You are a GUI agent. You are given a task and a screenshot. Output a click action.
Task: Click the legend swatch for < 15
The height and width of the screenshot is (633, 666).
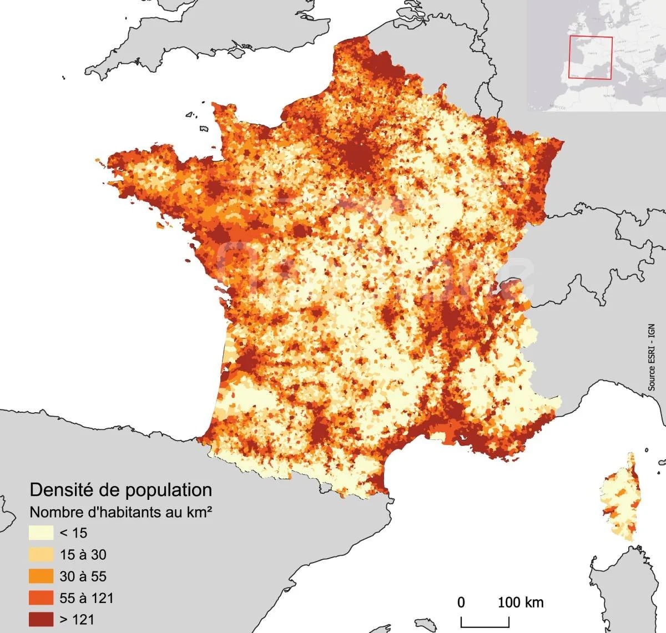41,533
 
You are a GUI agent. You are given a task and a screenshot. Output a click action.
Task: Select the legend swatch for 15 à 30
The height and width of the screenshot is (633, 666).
41,555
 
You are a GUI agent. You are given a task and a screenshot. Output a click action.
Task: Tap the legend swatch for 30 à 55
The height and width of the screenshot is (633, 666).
41,576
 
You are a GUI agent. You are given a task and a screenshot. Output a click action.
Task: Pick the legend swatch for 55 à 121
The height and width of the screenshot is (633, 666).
41,598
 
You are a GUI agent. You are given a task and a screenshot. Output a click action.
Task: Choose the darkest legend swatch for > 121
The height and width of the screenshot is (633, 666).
41,619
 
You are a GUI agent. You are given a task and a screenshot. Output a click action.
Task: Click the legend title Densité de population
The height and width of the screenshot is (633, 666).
120,490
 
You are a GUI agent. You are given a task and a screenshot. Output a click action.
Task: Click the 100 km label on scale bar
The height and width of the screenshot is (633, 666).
520,602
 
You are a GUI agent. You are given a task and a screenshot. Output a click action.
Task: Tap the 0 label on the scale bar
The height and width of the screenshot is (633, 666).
461,602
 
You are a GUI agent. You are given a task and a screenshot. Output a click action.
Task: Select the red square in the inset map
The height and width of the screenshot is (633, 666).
591,58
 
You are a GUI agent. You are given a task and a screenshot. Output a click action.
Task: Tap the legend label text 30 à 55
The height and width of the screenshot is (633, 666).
83,576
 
